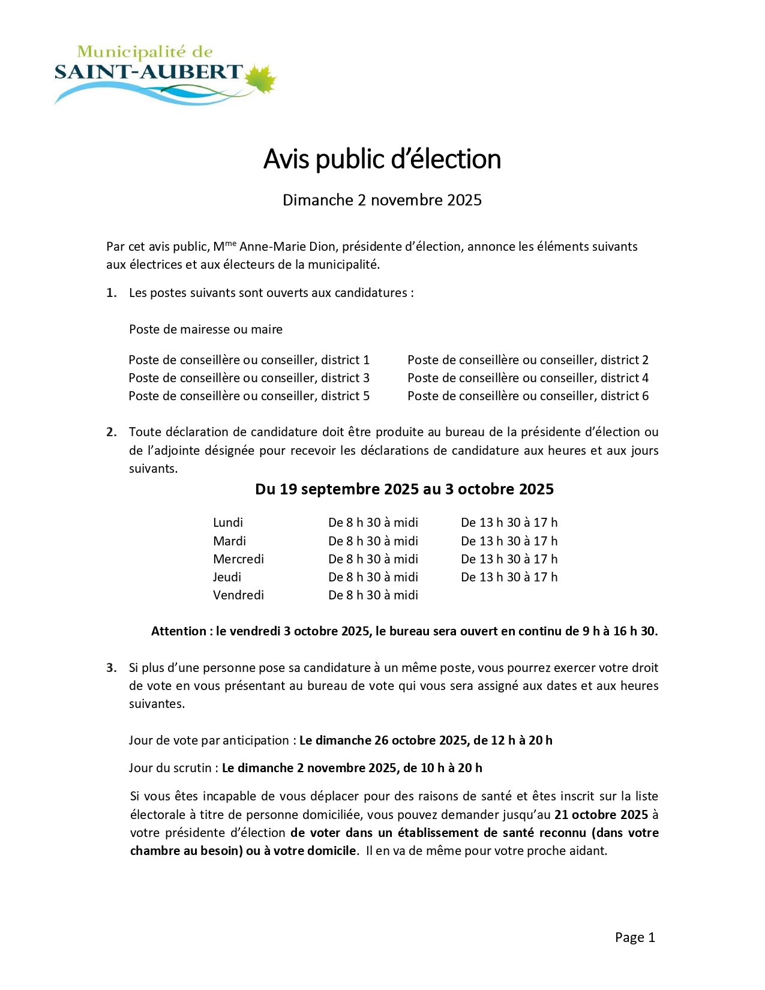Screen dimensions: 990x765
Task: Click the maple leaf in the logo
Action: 259,79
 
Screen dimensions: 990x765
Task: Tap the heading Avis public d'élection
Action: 382,159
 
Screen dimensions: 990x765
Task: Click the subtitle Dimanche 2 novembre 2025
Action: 382,200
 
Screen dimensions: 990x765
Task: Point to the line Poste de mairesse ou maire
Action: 206,329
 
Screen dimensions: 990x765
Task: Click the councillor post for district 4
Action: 528,378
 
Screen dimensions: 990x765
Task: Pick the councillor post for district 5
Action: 249,396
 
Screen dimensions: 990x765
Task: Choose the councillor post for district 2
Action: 528,360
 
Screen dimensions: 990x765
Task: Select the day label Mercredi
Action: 238,559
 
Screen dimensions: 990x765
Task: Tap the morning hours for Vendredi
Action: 373,595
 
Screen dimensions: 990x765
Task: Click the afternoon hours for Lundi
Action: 509,523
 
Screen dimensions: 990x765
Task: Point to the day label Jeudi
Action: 227,577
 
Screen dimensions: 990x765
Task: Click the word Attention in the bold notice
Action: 178,631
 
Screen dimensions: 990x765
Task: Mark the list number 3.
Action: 111,668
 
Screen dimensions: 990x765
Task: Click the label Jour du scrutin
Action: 170,768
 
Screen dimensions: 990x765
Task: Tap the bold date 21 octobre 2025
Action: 601,815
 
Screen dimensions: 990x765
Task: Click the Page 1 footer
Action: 635,938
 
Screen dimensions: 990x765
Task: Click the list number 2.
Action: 111,432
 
